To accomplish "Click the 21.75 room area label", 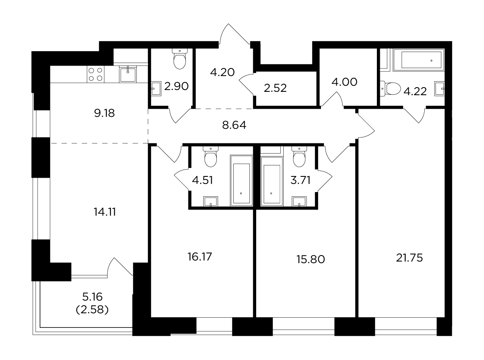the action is [x=409, y=258].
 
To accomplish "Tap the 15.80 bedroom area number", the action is [x=310, y=259].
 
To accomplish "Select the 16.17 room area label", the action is [x=200, y=257].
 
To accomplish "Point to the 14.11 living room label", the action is [x=105, y=212].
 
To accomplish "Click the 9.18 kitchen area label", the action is [x=104, y=113].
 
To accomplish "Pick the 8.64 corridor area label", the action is [x=234, y=125].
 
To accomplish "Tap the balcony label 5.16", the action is [x=92, y=297].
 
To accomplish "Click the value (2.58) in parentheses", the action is [x=92, y=309].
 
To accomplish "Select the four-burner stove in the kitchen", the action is [x=95, y=74].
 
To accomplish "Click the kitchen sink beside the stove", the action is [x=128, y=74].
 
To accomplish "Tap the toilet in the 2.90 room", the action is [x=180, y=59].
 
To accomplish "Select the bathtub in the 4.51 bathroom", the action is [x=241, y=181].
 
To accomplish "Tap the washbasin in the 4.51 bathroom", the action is [x=211, y=201].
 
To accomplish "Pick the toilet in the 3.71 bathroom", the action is [x=299, y=157].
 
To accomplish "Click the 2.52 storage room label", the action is [x=275, y=88].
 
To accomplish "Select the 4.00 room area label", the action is [x=344, y=82].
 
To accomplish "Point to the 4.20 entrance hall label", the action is [x=222, y=72].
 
